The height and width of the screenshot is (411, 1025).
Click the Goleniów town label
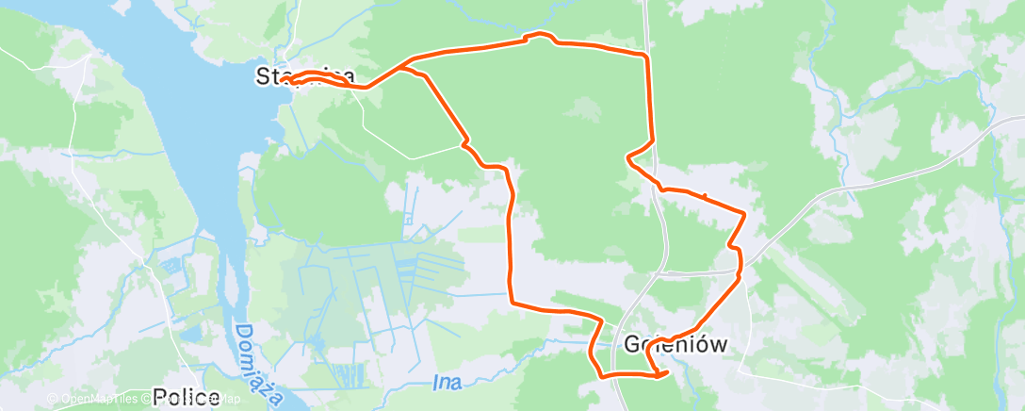pyautogui.click(x=675, y=344)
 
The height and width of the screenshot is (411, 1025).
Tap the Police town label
pyautogui.click(x=186, y=397)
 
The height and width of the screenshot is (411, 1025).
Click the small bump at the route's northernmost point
pyautogui.click(x=540, y=35)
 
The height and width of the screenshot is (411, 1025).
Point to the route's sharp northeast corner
pyautogui.click(x=646, y=57)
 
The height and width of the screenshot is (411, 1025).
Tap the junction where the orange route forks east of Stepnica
pyautogui.click(x=405, y=69)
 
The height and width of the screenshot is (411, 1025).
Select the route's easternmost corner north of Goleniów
pyautogui.click(x=745, y=215)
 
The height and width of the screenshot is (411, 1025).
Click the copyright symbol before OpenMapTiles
pyautogui.click(x=53, y=400)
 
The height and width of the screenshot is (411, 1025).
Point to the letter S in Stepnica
pyautogui.click(x=263, y=76)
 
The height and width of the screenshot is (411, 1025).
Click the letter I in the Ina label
pyautogui.click(x=437, y=383)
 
